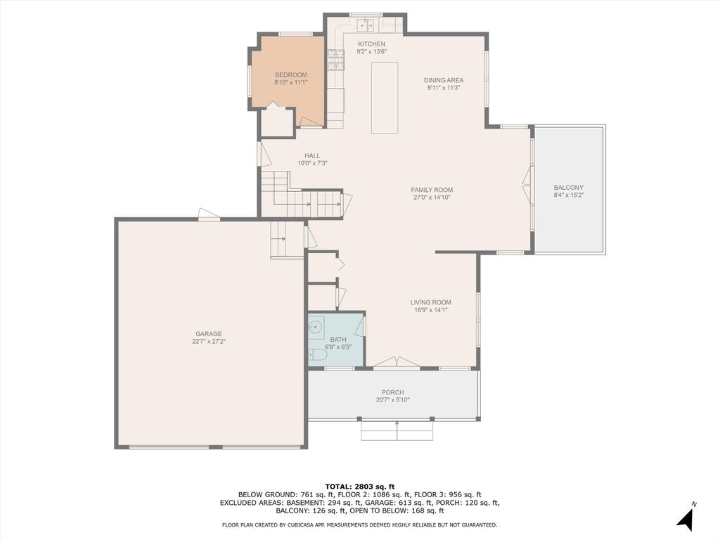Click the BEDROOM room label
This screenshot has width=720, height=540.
290,75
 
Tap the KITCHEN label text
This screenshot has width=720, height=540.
371,44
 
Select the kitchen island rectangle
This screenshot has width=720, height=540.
385,98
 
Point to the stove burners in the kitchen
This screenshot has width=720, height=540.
335,60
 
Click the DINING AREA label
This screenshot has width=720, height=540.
444,80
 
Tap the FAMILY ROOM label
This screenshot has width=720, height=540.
432,190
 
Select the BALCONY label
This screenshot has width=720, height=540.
568,187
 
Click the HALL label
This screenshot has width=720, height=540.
312,155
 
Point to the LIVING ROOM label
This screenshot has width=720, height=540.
431,302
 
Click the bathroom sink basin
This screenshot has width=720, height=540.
316,328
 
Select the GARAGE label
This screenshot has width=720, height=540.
208,334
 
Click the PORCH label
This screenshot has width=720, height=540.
392,392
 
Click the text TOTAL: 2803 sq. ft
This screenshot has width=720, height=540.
359,487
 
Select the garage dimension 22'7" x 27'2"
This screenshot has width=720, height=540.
208,342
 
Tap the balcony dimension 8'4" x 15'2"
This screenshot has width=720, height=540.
568,195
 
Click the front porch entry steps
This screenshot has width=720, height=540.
397,430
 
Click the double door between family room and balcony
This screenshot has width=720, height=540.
528,186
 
